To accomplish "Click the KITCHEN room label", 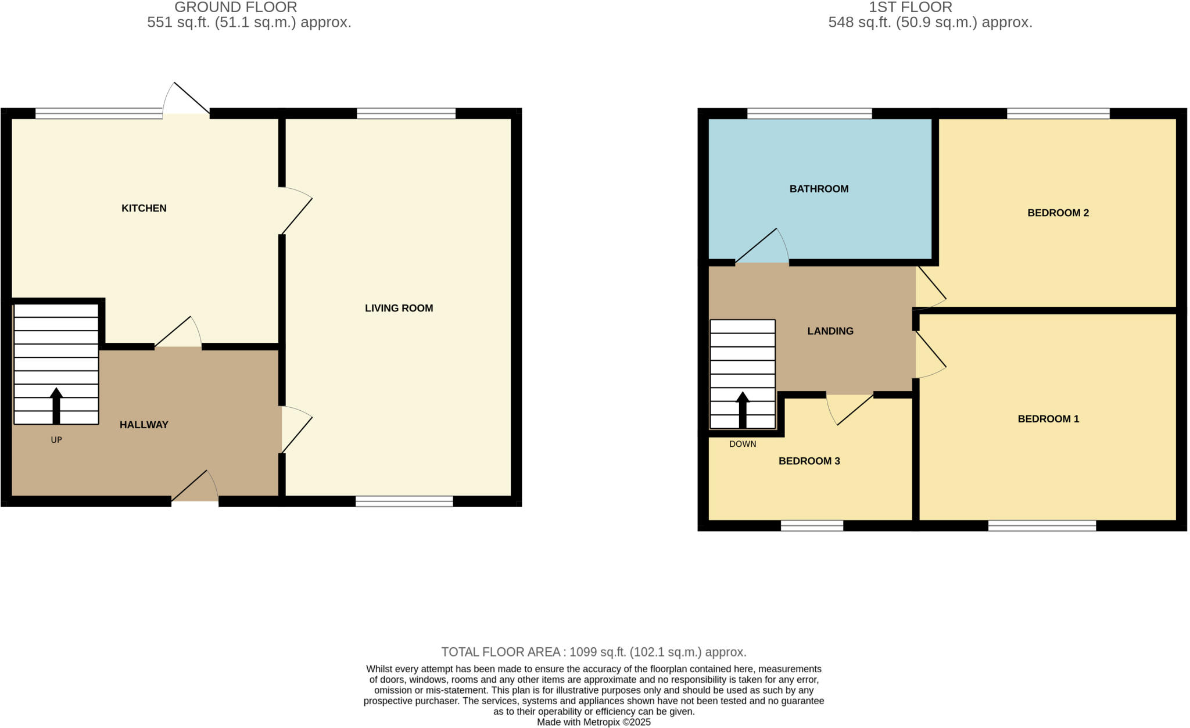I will [x=144, y=208].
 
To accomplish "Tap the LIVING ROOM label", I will [x=399, y=308].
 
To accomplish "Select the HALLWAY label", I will [x=144, y=425].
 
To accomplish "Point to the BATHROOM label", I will [x=819, y=189].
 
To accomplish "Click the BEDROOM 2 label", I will [x=1058, y=213].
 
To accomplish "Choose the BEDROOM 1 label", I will [x=1048, y=419].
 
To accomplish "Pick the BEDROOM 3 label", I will [x=809, y=461].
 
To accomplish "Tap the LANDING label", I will [x=830, y=331].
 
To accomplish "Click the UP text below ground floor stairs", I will [x=56, y=440].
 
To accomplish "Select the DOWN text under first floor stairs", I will [x=742, y=444].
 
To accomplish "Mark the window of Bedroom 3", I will [x=811, y=526].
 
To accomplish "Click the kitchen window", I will [x=98, y=113].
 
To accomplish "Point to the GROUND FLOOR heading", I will [x=235, y=8].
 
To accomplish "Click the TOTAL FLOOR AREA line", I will [x=593, y=652].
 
